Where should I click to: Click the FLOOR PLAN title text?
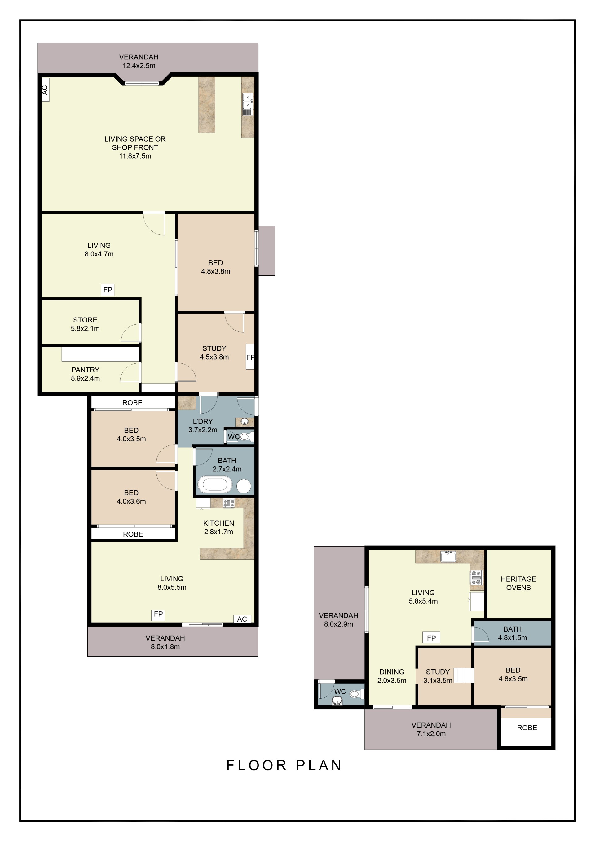pos(284,765)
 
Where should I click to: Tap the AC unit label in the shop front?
pos(45,90)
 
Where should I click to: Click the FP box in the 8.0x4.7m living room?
pos(108,290)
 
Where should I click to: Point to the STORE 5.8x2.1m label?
pos(85,324)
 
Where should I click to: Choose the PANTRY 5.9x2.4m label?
pos(85,374)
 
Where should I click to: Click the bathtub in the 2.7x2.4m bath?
pos(215,485)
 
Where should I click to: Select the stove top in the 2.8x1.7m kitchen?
pos(229,503)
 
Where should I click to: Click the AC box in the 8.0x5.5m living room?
pos(242,619)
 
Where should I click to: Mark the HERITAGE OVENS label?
pos(518,583)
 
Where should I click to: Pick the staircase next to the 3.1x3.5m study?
pos(464,676)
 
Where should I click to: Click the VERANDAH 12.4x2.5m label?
pos(139,61)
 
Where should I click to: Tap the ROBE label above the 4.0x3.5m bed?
pos(132,403)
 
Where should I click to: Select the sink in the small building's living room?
pos(448,556)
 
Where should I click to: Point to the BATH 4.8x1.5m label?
pos(512,633)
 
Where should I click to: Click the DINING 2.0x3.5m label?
pos(392,676)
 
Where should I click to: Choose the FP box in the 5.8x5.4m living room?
pos(431,638)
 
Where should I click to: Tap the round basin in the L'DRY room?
pos(245,422)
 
